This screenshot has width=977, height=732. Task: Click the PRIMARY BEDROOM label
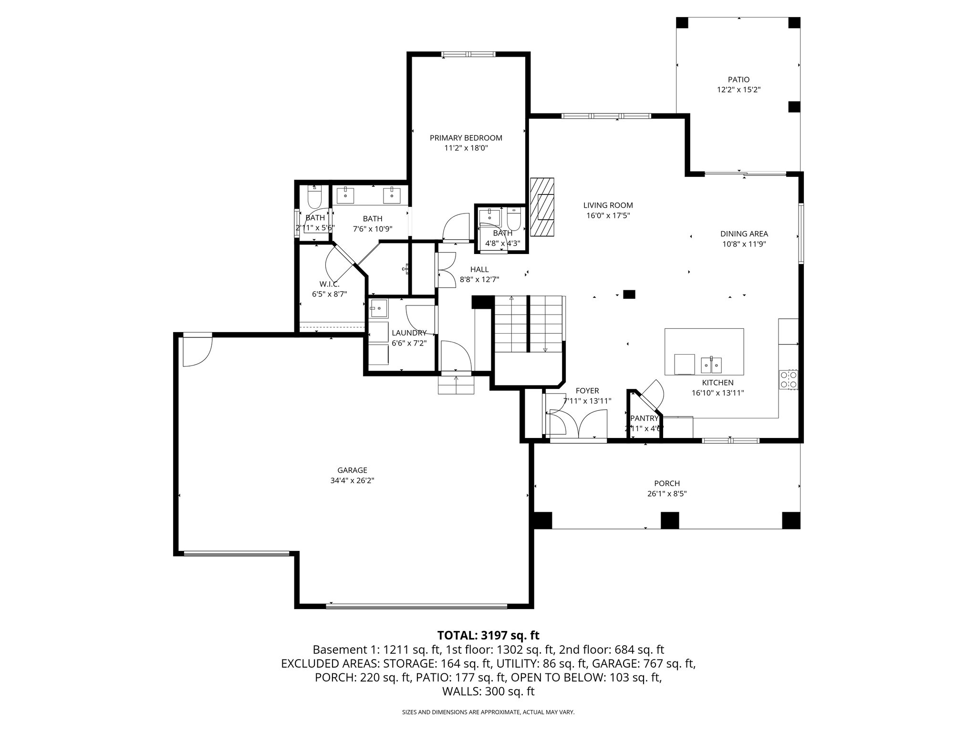coord(466,138)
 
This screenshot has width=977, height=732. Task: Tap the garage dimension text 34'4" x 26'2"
coord(352,481)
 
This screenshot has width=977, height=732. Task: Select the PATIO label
coord(738,80)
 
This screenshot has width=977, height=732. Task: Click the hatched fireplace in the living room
coord(542,207)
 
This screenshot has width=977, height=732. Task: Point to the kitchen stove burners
coord(788,380)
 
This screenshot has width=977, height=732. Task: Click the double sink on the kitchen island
coord(711,365)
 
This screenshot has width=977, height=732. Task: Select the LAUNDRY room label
coord(409,333)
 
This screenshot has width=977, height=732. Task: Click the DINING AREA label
coord(744,234)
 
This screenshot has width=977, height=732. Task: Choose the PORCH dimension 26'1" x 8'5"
coord(667,494)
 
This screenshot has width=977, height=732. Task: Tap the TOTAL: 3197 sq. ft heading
coord(488,635)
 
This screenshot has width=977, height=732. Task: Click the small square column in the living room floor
coord(629,295)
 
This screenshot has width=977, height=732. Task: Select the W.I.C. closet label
coord(329,284)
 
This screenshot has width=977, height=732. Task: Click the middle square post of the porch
coord(669,520)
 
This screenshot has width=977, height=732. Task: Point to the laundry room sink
coord(379,308)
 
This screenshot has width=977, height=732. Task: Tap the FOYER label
coord(587,391)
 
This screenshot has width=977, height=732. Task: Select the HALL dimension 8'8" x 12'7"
coord(479,280)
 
